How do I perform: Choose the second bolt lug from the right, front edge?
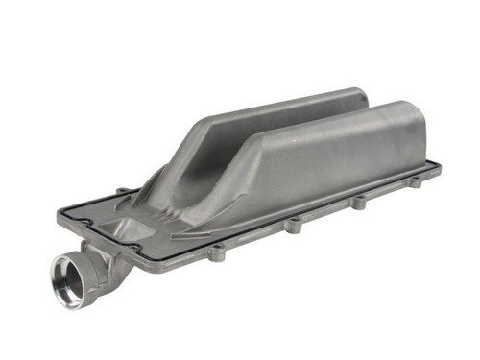pyautogui.click(x=359, y=203)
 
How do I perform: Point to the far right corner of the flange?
pyautogui.click(x=439, y=165)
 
